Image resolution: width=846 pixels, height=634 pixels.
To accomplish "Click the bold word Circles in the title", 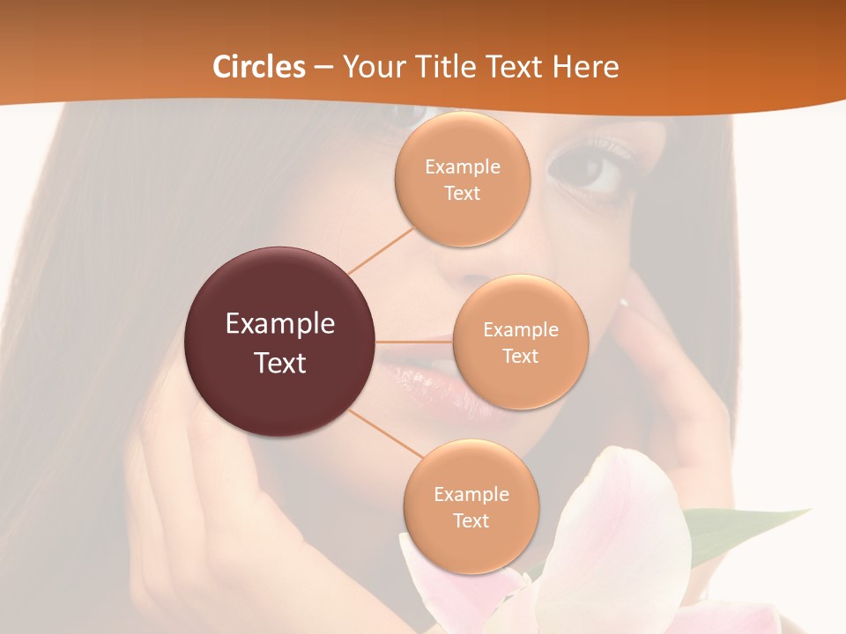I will click(259, 66).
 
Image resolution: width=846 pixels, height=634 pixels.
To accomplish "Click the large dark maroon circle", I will click(279, 342).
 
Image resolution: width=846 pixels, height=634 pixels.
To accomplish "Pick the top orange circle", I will click(462, 179).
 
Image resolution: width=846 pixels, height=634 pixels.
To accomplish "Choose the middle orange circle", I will click(520, 342).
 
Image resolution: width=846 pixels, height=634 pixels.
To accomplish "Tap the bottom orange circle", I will click(471, 506).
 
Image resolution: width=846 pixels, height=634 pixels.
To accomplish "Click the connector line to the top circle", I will click(381, 250).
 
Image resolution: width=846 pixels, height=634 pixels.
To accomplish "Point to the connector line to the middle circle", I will click(414, 342).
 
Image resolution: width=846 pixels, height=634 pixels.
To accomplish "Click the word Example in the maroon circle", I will click(279, 324).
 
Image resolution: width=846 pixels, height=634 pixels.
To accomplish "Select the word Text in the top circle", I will click(462, 193).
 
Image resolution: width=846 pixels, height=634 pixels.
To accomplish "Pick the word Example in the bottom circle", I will click(471, 494).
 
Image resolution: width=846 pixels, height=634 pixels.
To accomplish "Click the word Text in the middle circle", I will click(520, 356).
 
